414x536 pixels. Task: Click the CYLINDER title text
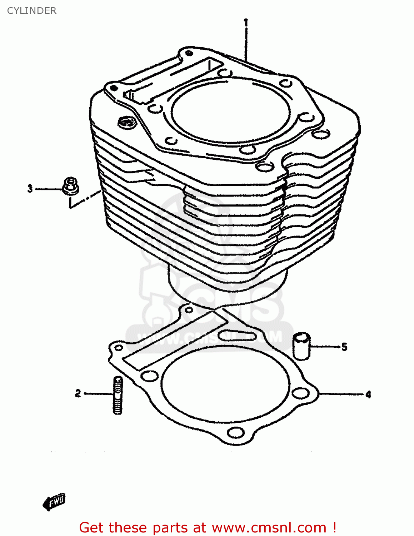[32, 11]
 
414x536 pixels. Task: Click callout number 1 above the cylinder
[246, 22]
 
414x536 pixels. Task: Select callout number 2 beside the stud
[78, 393]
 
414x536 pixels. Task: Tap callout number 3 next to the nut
[30, 188]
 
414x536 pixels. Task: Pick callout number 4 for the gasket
[368, 394]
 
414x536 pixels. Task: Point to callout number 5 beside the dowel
[344, 347]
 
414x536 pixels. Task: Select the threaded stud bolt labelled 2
[118, 395]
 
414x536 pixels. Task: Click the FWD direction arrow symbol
[54, 502]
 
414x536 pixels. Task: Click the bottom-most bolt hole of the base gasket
[235, 433]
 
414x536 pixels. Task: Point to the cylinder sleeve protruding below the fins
[229, 286]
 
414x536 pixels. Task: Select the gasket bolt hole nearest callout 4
[300, 393]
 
